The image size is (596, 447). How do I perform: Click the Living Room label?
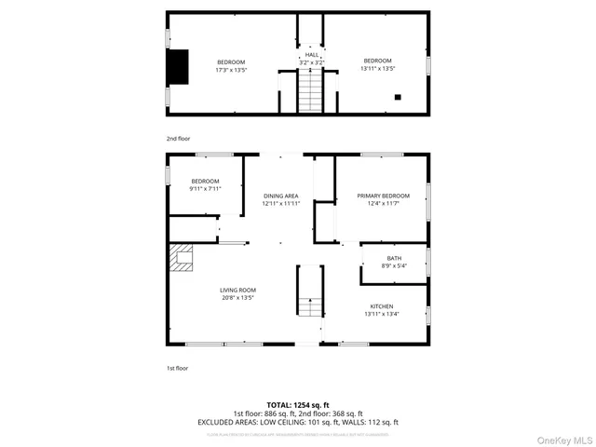pos(238,290)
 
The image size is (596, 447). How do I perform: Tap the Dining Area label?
pos(280,196)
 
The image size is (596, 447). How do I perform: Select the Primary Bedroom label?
pos(383,196)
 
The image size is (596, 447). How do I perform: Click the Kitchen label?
pos(382,306)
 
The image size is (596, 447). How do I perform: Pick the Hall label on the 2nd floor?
pos(312,55)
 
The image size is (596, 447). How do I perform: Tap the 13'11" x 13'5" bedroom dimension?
pos(377,68)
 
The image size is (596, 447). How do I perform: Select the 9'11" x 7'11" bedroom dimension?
pos(205,188)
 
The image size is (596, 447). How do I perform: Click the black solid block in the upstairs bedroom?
pos(177,64)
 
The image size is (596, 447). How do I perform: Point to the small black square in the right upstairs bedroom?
pos(399,96)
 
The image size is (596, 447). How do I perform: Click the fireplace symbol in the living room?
pos(182,256)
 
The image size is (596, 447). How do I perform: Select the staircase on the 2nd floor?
pos(311,92)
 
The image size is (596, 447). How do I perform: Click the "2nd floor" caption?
pos(177,138)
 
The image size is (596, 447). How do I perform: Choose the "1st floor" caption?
pos(176,368)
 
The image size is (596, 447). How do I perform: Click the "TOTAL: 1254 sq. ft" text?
pos(297,405)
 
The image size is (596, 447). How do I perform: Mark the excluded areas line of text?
pos(298,422)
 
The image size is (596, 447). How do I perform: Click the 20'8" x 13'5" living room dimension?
pos(238,298)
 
